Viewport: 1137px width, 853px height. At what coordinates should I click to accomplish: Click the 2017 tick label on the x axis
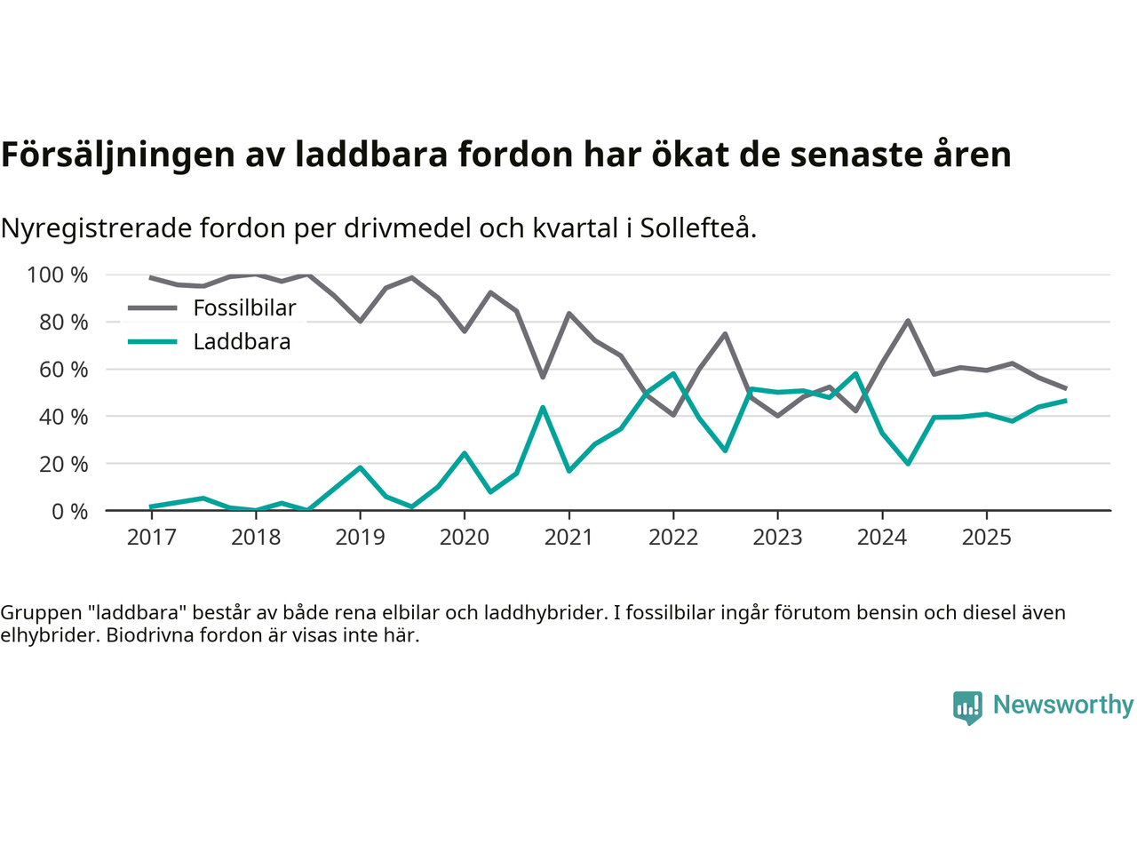(x=151, y=537)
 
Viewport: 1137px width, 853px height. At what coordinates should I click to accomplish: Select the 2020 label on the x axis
(x=464, y=537)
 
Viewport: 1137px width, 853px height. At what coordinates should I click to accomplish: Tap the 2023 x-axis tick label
(x=777, y=537)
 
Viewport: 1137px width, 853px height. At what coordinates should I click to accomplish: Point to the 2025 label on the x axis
(x=986, y=537)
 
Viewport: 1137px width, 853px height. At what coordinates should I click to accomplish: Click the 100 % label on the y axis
(x=58, y=275)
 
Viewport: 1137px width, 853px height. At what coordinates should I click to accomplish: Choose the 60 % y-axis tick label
(x=63, y=369)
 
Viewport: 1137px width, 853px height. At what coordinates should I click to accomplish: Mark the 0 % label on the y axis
(x=69, y=511)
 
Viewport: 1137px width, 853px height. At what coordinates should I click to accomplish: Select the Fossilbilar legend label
(x=244, y=308)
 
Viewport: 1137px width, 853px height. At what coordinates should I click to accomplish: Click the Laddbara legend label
(x=242, y=342)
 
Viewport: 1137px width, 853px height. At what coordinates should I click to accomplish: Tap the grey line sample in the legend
(x=153, y=308)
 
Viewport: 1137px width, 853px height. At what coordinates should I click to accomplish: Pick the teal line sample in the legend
(x=153, y=342)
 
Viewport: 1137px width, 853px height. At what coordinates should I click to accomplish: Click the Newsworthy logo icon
(x=967, y=707)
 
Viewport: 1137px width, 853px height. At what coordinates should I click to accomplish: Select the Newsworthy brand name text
(x=1062, y=705)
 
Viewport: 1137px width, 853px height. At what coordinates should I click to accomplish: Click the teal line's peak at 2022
(x=673, y=374)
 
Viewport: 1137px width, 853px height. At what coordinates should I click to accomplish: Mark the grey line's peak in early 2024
(x=908, y=321)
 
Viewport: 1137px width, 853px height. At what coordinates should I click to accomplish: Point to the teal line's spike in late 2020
(x=543, y=408)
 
